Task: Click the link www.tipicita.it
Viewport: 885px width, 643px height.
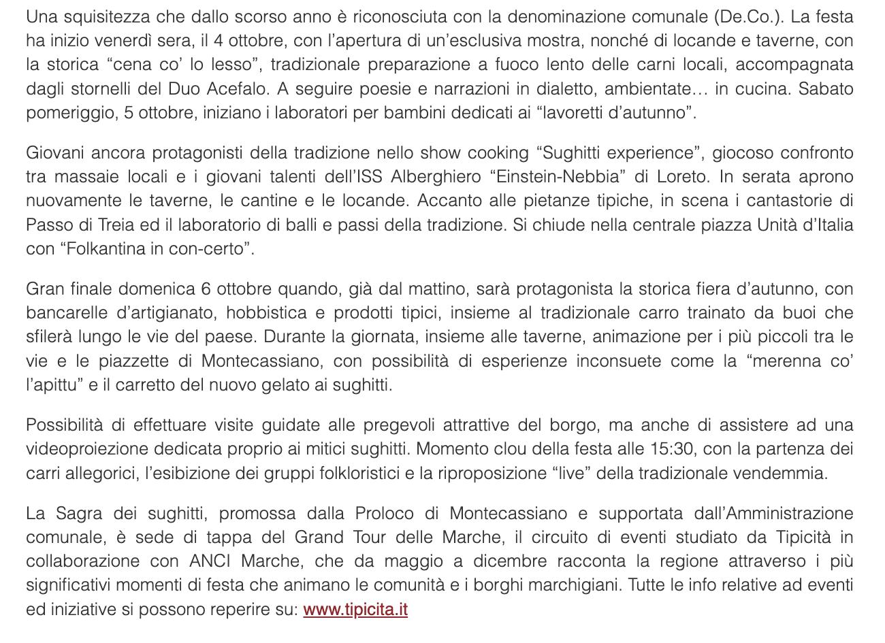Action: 355,609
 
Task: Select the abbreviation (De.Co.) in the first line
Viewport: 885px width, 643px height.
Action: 742,16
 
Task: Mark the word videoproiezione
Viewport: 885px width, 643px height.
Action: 87,449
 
